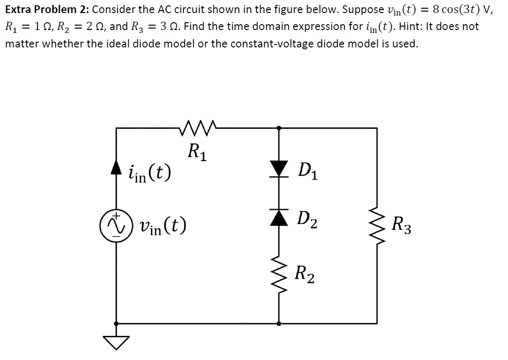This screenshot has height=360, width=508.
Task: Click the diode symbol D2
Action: coord(279,218)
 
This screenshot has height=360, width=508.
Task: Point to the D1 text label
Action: coord(308,171)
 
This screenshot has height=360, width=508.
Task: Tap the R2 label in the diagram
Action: coord(305,274)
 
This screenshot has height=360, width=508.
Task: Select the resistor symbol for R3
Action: coord(377,225)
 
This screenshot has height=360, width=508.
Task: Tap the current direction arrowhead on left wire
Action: coord(116,167)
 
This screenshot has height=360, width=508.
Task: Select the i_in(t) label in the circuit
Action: coord(149,172)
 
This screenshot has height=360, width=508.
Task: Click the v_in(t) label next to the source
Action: coord(163,226)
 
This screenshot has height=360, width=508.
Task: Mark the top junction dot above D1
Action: coord(279,128)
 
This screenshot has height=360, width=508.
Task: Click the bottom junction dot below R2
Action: coord(279,323)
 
